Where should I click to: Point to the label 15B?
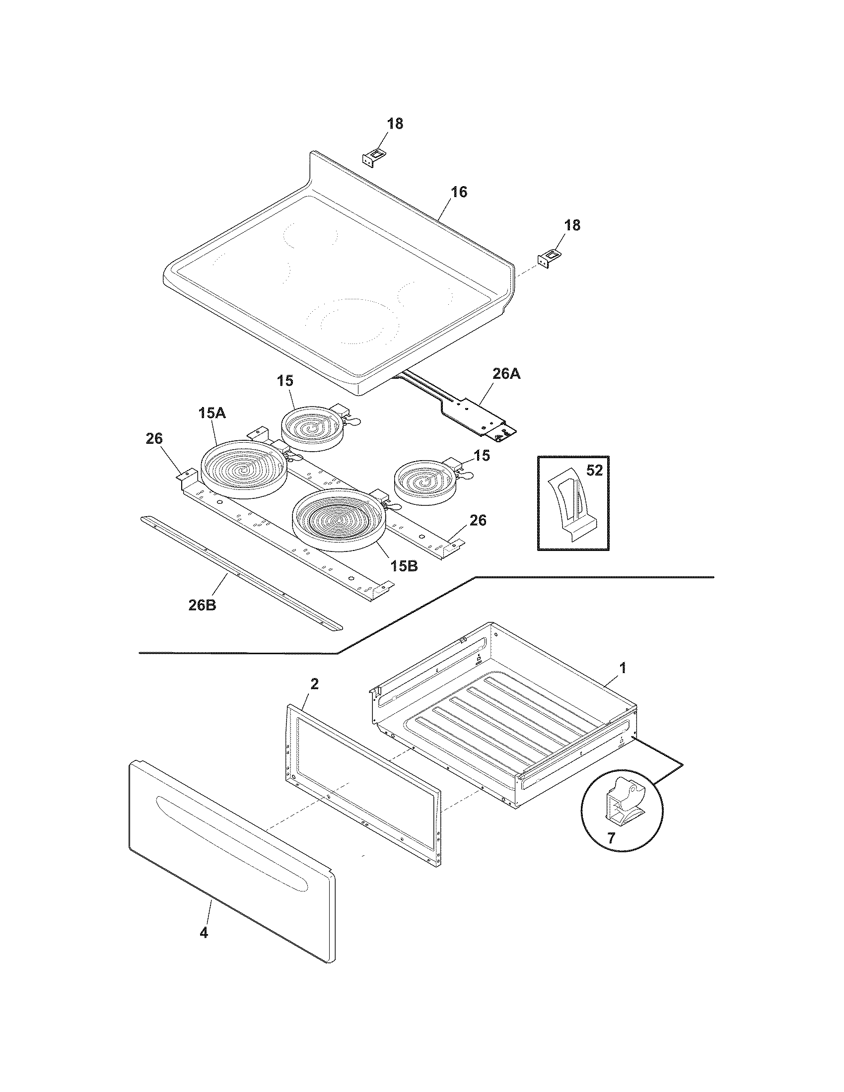coord(404,566)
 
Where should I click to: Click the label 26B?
coord(202,605)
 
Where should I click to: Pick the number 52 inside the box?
coord(594,471)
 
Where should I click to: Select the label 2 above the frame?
coord(314,684)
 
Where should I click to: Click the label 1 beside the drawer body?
coord(623,668)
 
